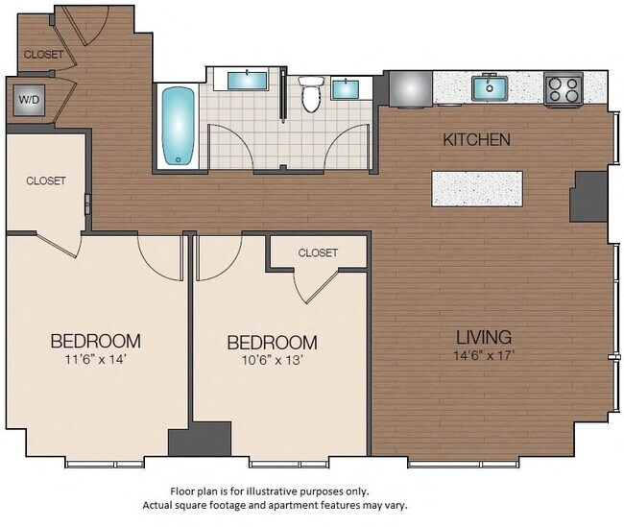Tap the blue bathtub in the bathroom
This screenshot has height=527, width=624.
pos(178,126)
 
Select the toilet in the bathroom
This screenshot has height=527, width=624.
pos(310,95)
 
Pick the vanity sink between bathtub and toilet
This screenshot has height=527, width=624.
pos(248,79)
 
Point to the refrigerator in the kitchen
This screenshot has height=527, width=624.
pos(407,88)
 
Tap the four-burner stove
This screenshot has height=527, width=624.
pos(564,89)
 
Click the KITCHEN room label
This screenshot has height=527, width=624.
pos(476,140)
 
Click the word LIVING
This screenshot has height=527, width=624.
pos(483,337)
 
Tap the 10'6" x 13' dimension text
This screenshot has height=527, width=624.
pos(272,361)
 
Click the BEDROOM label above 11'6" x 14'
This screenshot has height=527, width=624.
pos(95,341)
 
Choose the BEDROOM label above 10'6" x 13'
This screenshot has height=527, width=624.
pos(272,343)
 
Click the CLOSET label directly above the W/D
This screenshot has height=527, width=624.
pos(43,55)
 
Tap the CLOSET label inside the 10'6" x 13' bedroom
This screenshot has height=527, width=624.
pos(318,252)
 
